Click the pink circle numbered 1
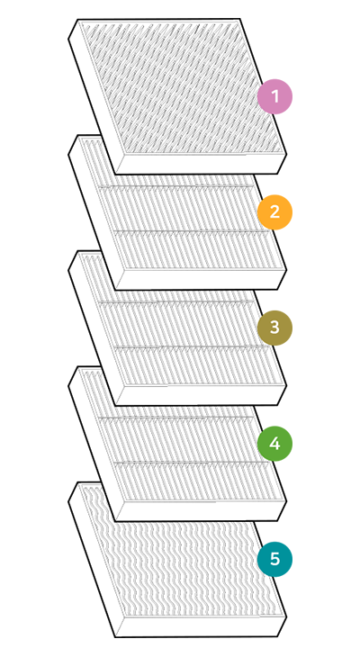274,96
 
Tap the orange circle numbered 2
274,212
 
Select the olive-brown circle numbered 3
274,328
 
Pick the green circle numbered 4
274,444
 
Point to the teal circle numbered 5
274,559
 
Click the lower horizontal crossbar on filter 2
192,231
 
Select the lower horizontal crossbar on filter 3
192,346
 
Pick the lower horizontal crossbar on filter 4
192,463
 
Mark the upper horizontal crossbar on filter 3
176,301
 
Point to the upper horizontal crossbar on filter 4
176,417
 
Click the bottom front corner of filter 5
116,637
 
